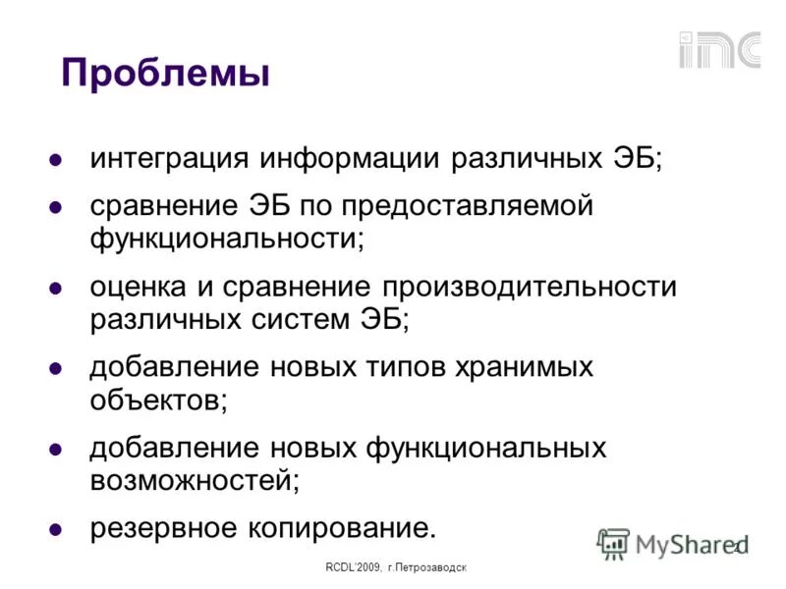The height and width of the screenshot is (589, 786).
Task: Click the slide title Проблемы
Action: pyautogui.click(x=165, y=73)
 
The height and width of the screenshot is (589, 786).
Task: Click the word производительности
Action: pyautogui.click(x=531, y=287)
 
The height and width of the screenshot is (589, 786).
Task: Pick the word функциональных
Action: pyautogui.click(x=486, y=448)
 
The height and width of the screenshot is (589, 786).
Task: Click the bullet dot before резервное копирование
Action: pyautogui.click(x=57, y=529)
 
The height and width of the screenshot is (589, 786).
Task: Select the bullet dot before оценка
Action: pyautogui.click(x=57, y=288)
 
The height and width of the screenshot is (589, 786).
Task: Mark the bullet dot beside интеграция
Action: pyautogui.click(x=57, y=160)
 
